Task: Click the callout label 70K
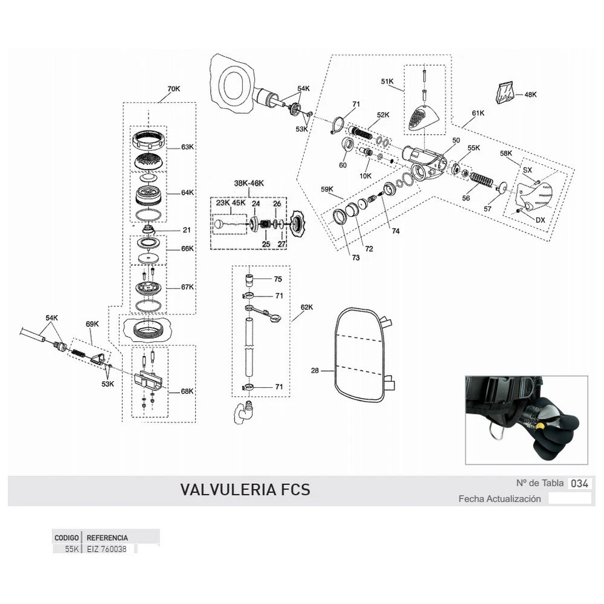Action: [x=173, y=89]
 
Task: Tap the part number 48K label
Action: [x=530, y=95]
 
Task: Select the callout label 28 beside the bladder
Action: [x=315, y=371]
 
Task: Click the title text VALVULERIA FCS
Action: [x=245, y=489]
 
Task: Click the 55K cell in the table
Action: [x=72, y=549]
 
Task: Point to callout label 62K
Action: [x=307, y=307]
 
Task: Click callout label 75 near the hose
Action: [x=278, y=280]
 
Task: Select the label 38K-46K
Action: [x=249, y=183]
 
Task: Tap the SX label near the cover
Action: [x=527, y=170]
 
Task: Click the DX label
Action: [x=540, y=220]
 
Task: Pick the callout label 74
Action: [x=395, y=231]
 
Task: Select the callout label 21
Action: [x=187, y=230]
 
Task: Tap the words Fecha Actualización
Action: [x=500, y=499]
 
